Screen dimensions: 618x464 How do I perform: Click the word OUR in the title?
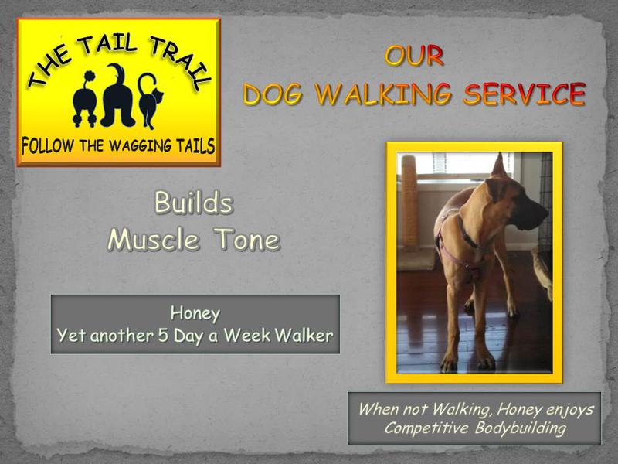414,56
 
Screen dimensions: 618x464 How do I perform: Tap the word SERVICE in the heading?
525,94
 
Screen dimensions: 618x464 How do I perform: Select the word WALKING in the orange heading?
383,94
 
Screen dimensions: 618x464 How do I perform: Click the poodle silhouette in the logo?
85,100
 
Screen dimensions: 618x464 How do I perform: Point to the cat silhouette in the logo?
150,101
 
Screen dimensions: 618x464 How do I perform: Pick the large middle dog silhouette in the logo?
117,96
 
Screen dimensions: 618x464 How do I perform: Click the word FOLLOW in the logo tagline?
47,146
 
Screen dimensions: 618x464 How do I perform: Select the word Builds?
194,203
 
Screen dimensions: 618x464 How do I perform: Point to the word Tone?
247,240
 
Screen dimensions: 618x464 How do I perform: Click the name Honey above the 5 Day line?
195,314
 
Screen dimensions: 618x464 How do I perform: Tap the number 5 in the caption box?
163,336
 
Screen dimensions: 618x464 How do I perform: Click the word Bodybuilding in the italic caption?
520,428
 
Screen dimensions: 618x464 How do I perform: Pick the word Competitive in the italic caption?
426,428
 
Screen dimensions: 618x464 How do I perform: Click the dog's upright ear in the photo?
498,165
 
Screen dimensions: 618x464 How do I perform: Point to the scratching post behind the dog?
410,201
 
